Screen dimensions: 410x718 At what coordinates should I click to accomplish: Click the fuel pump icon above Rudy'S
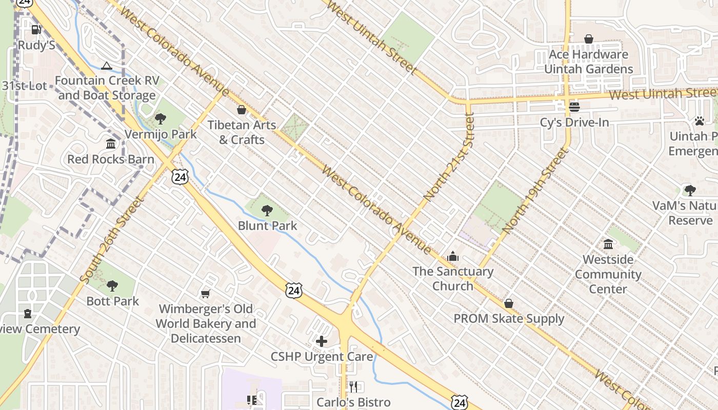coord(36,30)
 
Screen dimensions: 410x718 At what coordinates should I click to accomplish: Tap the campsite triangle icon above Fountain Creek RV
coord(106,66)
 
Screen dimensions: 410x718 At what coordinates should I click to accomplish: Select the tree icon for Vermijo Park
coord(161,119)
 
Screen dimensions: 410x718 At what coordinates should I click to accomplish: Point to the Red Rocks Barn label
coord(111,159)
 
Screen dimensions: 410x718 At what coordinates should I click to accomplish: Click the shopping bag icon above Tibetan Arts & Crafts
coord(242,110)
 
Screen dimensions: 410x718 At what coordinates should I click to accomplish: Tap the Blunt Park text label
coord(267,225)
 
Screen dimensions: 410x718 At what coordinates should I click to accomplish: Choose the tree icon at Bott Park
coord(112,285)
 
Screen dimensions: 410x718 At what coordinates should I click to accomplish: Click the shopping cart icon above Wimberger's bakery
coord(206,294)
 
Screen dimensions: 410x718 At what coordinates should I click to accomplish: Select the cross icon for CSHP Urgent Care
coord(322,341)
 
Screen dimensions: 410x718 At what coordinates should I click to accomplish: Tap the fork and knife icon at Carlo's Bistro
coord(353,387)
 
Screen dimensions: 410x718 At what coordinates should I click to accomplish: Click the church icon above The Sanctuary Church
coord(453,256)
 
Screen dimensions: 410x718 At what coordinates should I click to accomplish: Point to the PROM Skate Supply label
coord(509,319)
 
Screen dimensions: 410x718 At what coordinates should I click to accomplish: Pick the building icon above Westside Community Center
coord(608,244)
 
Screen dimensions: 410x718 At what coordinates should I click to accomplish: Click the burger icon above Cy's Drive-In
coord(574,107)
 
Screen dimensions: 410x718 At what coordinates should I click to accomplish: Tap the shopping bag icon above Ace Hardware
coord(589,39)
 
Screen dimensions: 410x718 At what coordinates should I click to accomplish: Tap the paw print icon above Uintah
coord(700,121)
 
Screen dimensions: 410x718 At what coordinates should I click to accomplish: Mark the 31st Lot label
coord(24,86)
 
